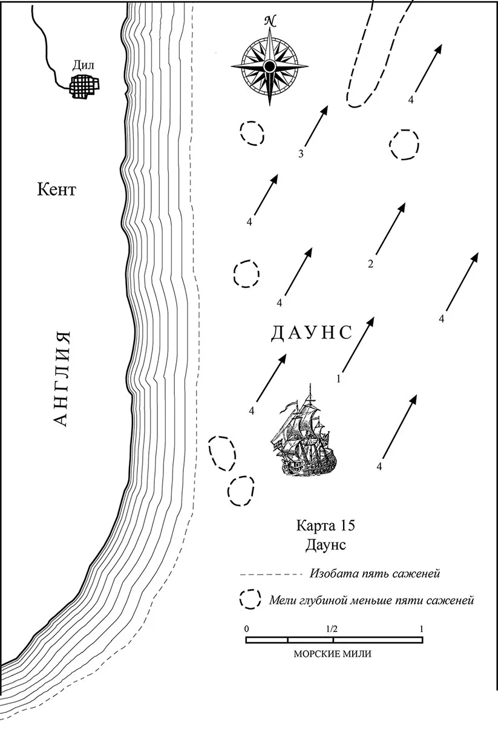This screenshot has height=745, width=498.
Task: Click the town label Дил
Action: coord(84,65)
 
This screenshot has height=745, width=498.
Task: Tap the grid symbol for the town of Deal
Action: coord(84,86)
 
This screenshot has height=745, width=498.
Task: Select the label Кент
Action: coord(56,190)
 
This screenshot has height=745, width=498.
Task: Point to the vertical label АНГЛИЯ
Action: coord(62,379)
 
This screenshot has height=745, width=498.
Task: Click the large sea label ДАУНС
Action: coord(311,333)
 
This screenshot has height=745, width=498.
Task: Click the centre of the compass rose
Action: coord(269,66)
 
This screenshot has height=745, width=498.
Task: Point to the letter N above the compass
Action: coord(270,21)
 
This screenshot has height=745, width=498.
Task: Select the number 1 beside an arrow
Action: coord(339,379)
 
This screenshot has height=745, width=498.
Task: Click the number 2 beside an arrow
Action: coord(370,264)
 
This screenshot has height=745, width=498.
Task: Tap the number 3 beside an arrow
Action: coord(301,154)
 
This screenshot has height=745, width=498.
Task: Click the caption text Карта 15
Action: coord(326,526)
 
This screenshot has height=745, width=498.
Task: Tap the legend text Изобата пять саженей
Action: coord(375,574)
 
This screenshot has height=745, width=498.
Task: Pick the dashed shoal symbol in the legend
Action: coord(249,599)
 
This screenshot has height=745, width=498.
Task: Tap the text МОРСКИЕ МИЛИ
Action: coord(332,654)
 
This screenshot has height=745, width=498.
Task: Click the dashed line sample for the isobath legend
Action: coord(271,574)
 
